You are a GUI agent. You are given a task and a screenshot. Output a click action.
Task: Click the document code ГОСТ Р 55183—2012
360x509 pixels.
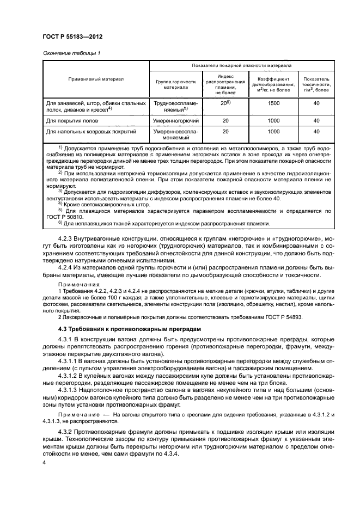pyautogui.click(x=72, y=35)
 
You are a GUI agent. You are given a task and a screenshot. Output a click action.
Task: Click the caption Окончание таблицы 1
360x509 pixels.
pyautogui.click(x=71, y=53)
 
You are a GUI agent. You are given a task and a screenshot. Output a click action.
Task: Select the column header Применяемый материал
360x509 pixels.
pyautogui.click(x=95, y=79)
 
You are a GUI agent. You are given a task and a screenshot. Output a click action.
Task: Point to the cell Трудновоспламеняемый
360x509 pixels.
pyautogui.click(x=176, y=106)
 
